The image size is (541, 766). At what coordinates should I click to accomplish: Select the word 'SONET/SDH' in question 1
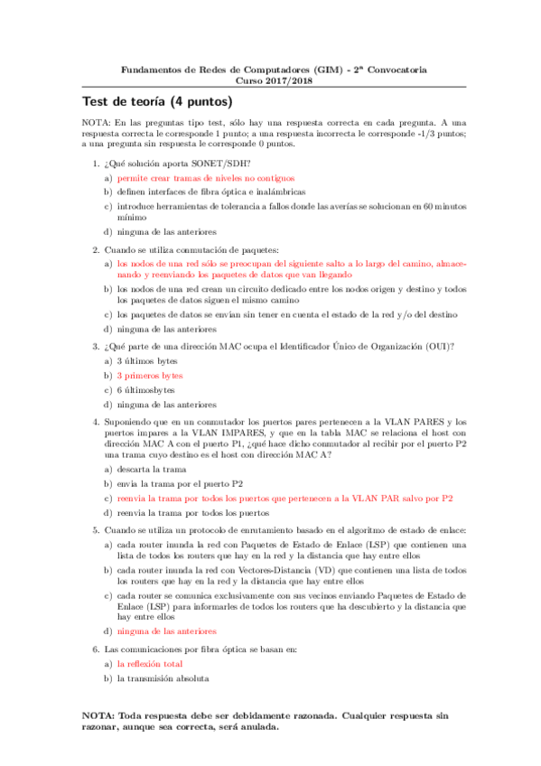point(200,163)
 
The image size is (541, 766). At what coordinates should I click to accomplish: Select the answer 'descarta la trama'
point(152,470)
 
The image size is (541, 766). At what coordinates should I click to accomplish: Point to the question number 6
point(98,649)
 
